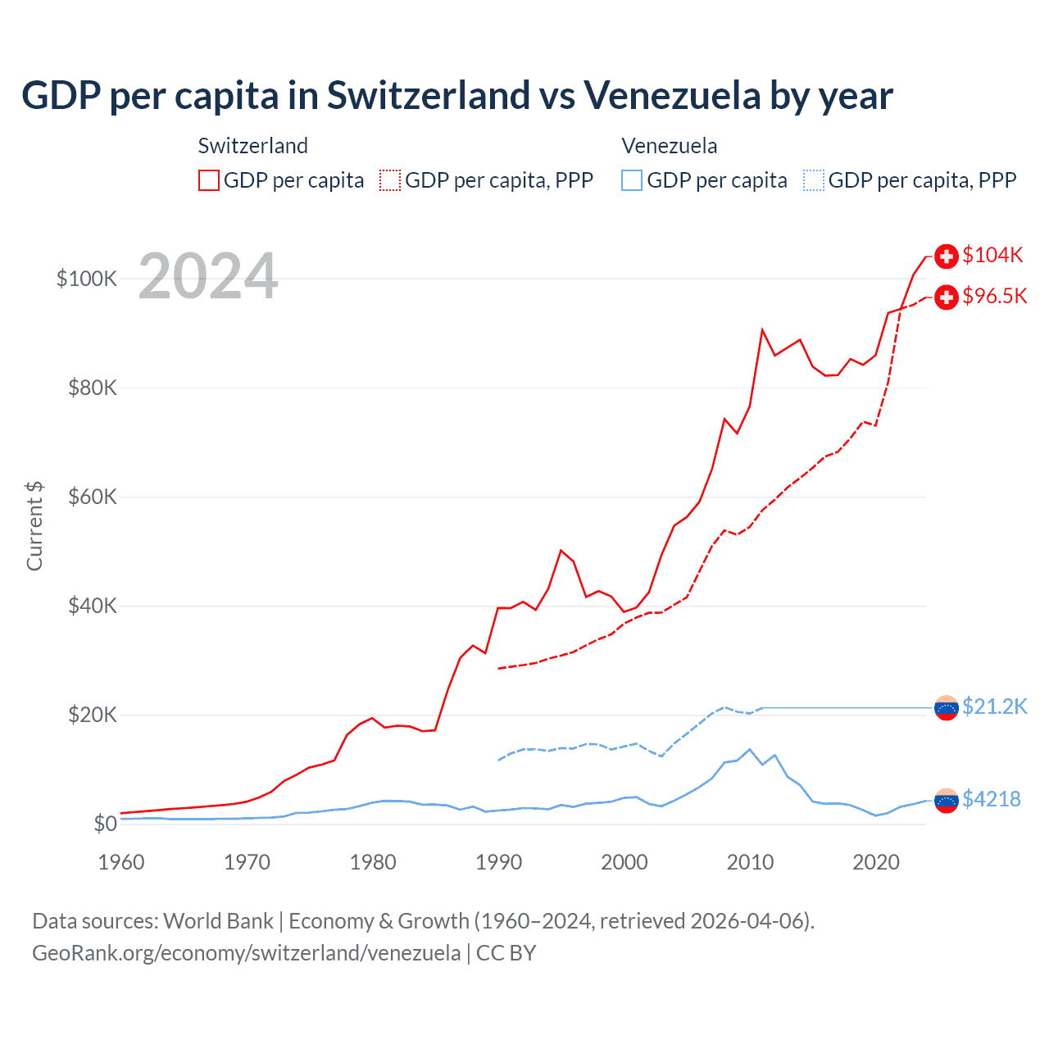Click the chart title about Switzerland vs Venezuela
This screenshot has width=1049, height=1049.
pos(456,96)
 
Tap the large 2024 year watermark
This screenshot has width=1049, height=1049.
pos(208,276)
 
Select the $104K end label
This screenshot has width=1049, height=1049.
pos(992,255)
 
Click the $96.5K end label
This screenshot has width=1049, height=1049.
pos(994,296)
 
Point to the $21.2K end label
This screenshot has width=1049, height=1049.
pos(994,706)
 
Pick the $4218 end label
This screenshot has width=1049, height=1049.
pos(991,799)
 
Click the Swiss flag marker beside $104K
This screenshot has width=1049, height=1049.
pos(947,256)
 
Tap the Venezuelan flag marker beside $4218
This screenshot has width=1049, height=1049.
pos(947,800)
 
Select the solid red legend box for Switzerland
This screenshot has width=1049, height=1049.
pos(209,180)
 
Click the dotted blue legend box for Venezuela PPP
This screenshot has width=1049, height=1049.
pos(814,180)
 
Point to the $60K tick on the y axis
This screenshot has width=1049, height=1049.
pos(93,497)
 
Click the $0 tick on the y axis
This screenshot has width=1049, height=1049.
pos(105,824)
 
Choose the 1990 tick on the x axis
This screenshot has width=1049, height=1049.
pos(498,862)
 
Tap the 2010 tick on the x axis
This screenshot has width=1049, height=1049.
pos(750,862)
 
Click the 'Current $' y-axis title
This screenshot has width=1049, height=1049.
pos(34,525)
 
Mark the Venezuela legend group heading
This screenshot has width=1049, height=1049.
pos(669,146)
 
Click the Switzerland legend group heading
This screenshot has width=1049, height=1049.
pos(252,146)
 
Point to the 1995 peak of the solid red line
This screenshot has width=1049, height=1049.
pos(561,551)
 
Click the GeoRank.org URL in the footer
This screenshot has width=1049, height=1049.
pos(246,953)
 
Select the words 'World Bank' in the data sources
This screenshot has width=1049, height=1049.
pos(218,921)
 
